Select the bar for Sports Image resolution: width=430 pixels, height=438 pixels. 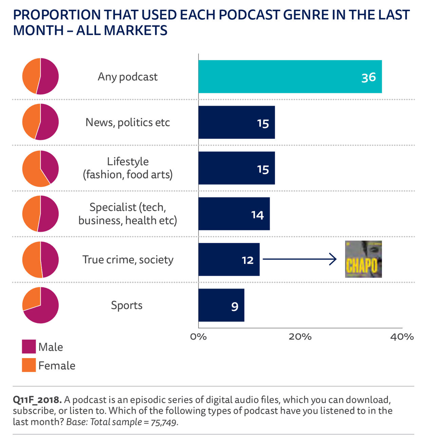coord(221,305)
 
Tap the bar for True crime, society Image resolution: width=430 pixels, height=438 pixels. coord(229,259)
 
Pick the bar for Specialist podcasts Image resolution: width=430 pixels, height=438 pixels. coord(234,214)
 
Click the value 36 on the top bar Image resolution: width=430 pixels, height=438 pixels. coord(368,77)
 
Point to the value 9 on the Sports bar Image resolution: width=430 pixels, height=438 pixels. coord(235,306)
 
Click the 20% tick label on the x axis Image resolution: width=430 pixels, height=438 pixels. coord(300,337)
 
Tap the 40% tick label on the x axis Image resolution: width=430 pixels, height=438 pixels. coord(402,337)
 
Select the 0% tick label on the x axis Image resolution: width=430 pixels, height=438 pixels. coord(199,337)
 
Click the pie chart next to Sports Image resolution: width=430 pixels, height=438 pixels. coord(40,305)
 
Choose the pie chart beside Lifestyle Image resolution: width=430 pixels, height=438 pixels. coord(40,168)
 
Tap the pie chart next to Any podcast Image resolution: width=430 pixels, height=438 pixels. coord(40,76)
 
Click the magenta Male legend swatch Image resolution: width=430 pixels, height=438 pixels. coord(29,347)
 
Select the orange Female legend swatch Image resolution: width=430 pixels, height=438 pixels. coord(29,365)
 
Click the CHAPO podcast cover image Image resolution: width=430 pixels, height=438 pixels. coord(363,259)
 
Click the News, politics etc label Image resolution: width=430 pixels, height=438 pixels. coord(128,122)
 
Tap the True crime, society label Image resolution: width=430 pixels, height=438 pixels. coord(128,260)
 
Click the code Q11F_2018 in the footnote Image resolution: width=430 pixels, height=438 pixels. coord(37,400)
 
